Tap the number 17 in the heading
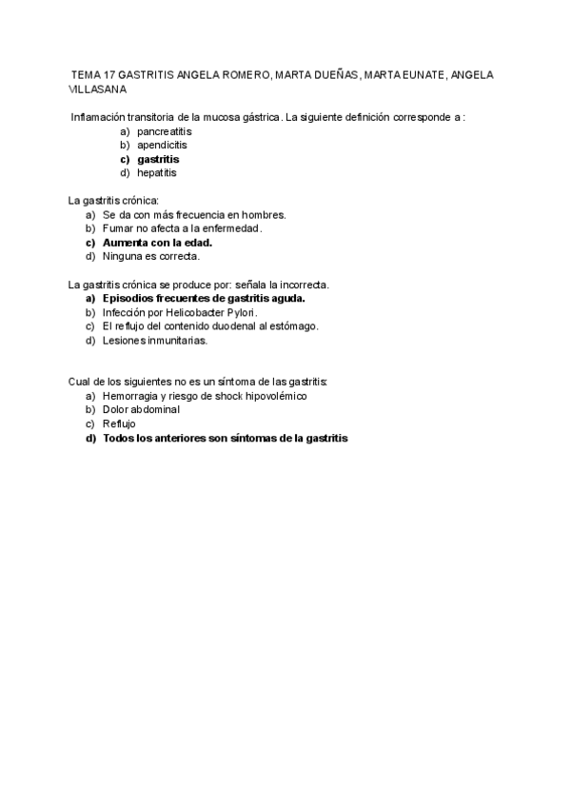(112, 74)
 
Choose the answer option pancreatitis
(164, 131)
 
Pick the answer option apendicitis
(162, 146)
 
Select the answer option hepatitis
(156, 173)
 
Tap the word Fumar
(118, 228)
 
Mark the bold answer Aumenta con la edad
(157, 243)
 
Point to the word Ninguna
(124, 256)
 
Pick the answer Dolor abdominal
(142, 409)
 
